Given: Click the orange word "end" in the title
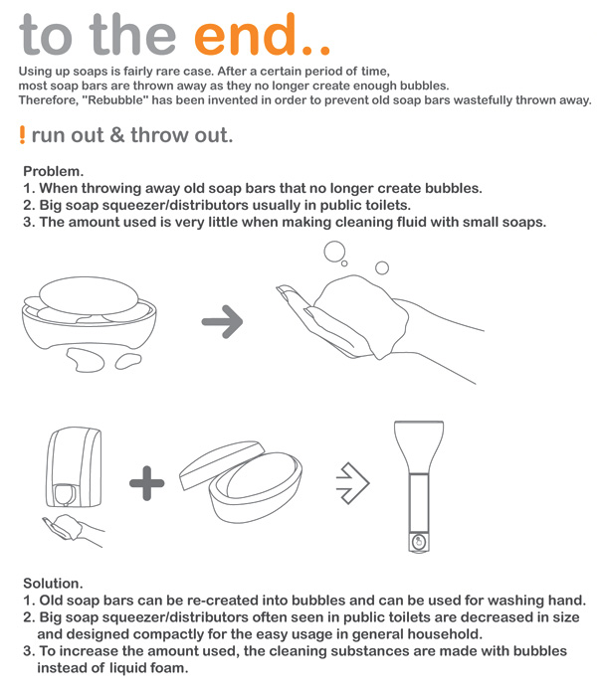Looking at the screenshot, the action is pos(245,35).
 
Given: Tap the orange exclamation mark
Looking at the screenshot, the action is pos(22,134).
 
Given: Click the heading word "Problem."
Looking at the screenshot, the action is pos(53,171).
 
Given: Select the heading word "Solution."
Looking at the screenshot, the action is pos(53,583).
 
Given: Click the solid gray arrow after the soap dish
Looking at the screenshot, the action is pos(222,321).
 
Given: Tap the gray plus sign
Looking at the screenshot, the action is pos(147,483).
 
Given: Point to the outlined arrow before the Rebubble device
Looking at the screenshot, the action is pos(352,483).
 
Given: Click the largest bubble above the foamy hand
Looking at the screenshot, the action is pos(334,252).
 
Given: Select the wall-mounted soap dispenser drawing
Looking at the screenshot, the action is pos(74,467).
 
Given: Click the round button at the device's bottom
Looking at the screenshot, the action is pos(419,542).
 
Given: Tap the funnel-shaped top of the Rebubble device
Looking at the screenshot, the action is pos(419,446).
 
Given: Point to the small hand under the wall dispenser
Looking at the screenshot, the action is pos(73,530).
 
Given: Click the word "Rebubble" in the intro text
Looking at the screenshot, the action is pos(115,100).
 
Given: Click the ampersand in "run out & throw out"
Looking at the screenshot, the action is pos(117,135).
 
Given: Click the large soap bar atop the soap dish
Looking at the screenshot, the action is pos(89,296).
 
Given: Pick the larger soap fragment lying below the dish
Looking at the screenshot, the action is pos(85,359).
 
